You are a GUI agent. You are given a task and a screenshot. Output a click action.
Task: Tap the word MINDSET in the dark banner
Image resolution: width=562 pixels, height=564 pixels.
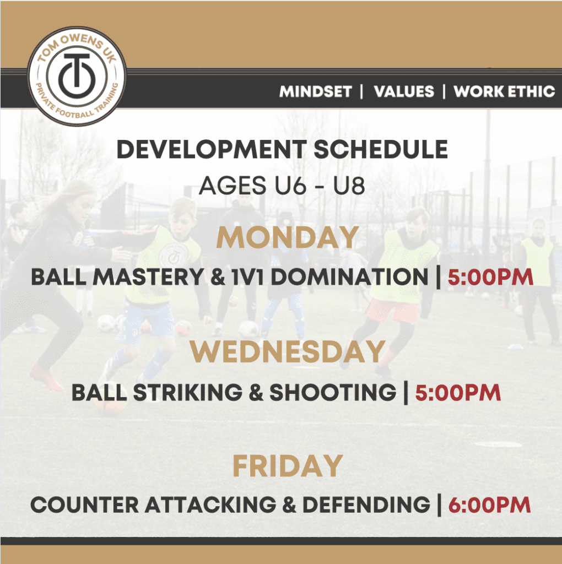point(316,91)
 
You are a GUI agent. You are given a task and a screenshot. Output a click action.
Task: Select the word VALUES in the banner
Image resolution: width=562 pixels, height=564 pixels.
point(404,91)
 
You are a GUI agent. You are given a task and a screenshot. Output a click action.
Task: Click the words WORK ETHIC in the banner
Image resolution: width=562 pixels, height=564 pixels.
point(504,91)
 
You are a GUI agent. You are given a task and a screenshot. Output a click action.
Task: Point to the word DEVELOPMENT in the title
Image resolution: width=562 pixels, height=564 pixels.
point(212,149)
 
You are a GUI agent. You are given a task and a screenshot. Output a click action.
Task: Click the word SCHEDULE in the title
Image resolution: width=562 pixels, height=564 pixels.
point(381,149)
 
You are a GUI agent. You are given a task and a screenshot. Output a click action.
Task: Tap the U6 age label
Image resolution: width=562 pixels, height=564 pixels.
point(290,186)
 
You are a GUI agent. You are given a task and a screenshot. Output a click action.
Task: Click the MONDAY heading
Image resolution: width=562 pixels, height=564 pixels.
point(288,237)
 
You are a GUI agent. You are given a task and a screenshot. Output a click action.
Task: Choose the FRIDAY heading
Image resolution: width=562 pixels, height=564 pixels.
point(288,465)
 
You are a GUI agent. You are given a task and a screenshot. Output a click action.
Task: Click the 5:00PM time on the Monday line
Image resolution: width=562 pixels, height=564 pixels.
point(490,277)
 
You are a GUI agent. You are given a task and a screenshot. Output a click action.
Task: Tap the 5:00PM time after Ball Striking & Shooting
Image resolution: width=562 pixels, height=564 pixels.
point(458,392)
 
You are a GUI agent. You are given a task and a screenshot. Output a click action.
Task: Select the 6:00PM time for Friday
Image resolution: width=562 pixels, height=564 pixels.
point(489,505)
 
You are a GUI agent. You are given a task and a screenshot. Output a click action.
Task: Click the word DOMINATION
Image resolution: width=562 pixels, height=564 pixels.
point(349,277)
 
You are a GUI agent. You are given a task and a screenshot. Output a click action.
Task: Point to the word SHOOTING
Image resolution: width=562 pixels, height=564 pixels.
point(333,392)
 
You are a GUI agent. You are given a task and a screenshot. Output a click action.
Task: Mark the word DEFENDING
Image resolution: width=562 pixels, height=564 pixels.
point(366,505)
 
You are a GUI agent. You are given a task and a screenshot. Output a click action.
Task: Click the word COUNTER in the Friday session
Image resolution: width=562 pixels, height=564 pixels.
point(84,505)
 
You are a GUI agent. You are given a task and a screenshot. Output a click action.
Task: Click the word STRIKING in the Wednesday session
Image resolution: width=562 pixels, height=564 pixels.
point(188,392)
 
